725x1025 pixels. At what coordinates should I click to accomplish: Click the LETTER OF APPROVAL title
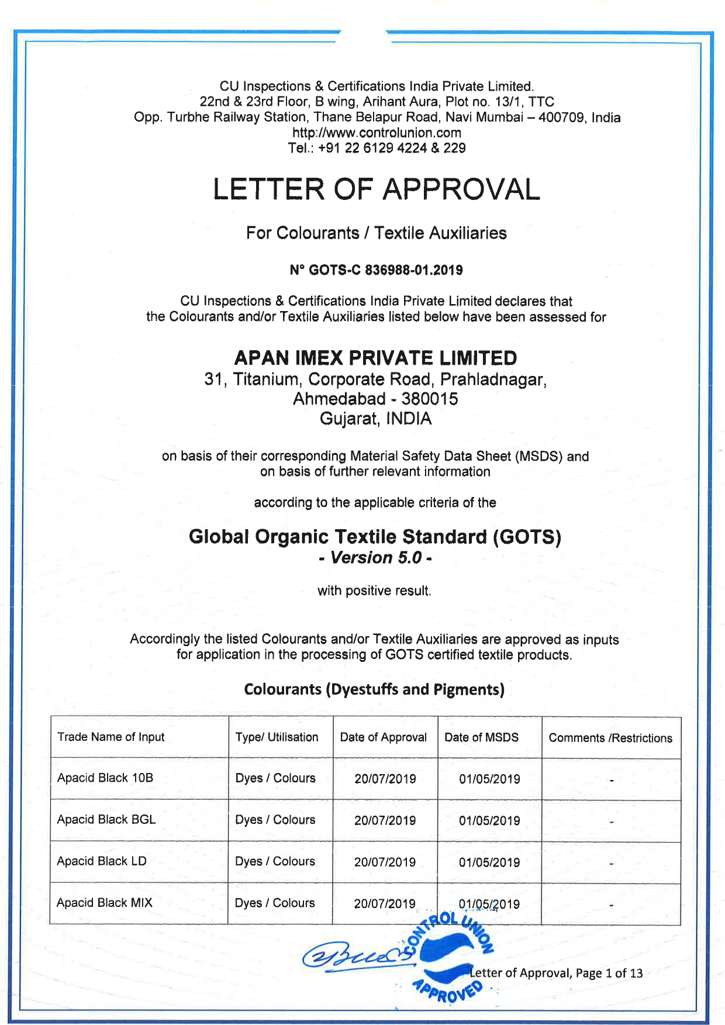coord(376,189)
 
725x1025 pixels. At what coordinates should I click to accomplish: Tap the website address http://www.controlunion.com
coord(377,133)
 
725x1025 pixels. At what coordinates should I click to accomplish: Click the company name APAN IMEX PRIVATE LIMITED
coord(375,358)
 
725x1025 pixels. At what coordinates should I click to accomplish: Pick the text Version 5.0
coord(375,558)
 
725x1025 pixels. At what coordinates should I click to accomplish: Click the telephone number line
coord(377,148)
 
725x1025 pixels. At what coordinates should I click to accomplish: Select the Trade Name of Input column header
coord(111,737)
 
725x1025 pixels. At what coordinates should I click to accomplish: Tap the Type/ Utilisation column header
coord(277,737)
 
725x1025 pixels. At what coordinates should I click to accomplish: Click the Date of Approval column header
coord(384,737)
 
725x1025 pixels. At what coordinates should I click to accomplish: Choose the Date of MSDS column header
coord(481,737)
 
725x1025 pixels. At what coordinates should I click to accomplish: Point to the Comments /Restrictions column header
coord(610,738)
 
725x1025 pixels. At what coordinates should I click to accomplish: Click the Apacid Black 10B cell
coord(105,778)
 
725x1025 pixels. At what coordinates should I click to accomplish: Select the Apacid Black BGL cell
coord(106,819)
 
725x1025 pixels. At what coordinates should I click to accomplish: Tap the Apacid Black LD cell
coord(102,861)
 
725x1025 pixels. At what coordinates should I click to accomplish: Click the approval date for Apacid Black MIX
coord(385,904)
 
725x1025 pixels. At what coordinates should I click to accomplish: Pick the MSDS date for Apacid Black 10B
coord(489,779)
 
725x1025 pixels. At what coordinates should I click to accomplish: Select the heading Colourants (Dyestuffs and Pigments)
coord(374,689)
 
